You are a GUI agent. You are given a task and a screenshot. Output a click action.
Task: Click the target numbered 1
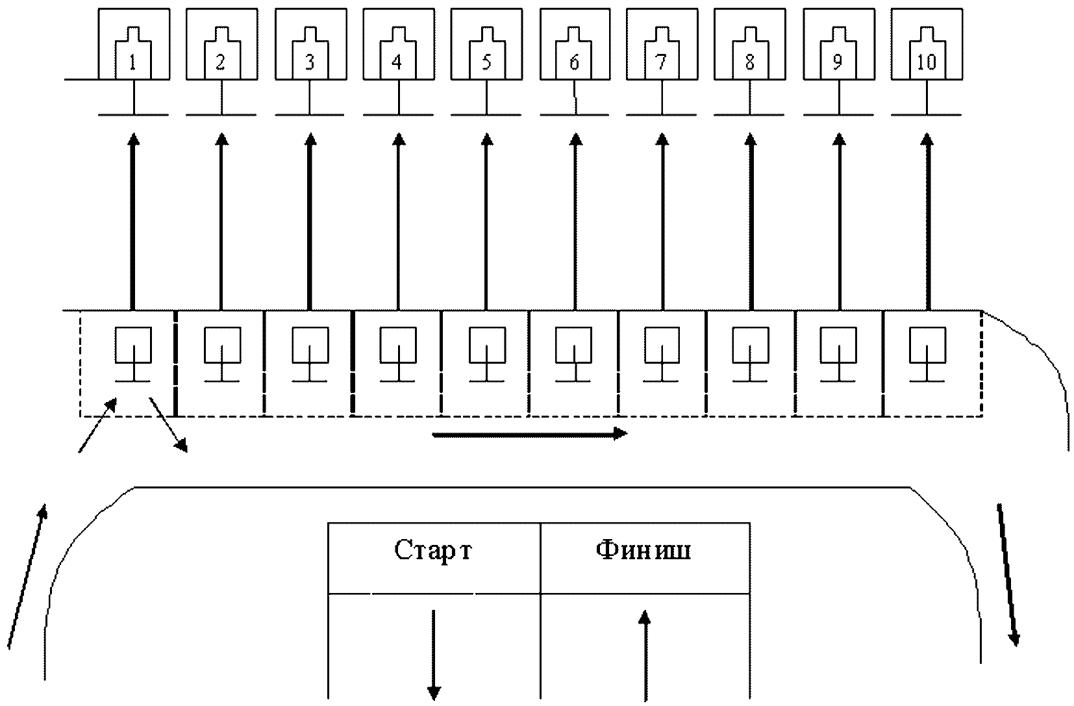tap(133, 57)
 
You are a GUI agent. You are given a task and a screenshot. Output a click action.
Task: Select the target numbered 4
tap(397, 57)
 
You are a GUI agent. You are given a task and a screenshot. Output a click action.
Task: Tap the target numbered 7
tap(662, 57)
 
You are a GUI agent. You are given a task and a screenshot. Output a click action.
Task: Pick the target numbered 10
tap(927, 57)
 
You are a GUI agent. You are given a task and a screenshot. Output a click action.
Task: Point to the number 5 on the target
tap(486, 62)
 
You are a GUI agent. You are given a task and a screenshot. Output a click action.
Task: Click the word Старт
tap(433, 551)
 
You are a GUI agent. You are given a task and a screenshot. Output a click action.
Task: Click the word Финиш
tap(643, 551)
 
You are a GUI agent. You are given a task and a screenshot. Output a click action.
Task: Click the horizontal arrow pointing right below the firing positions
tap(529, 434)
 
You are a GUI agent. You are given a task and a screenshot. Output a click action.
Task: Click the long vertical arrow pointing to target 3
tap(310, 221)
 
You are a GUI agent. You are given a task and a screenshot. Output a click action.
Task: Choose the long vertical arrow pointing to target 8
tap(751, 221)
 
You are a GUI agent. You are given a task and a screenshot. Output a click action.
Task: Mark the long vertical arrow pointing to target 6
tap(575, 221)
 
